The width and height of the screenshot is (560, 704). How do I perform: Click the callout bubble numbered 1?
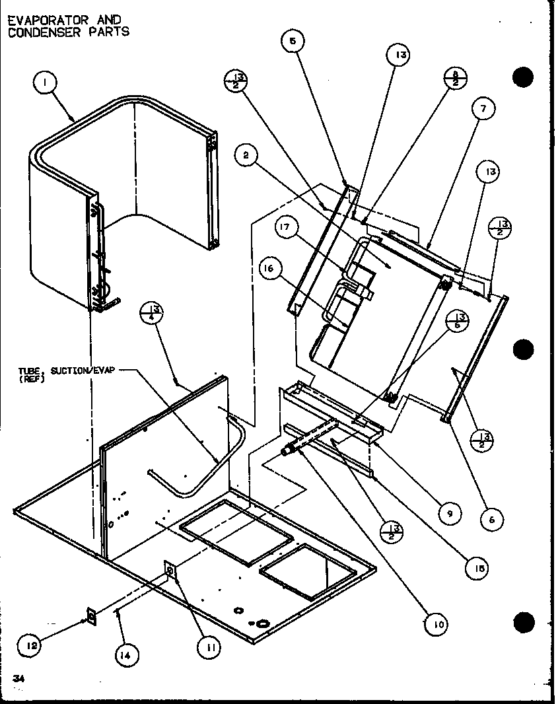pyautogui.click(x=44, y=84)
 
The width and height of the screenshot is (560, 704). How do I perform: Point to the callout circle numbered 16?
pyautogui.click(x=273, y=269)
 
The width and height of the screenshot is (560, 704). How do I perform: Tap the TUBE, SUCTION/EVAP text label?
pyautogui.click(x=66, y=373)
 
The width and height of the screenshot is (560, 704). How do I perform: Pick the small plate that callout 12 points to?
pyautogui.click(x=91, y=617)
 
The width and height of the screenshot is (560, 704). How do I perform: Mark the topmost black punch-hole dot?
pyautogui.click(x=522, y=77)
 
